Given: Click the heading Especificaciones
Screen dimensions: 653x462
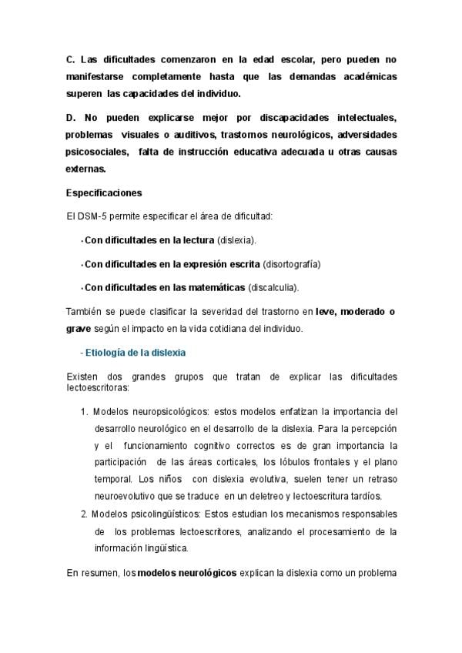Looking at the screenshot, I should pyautogui.click(x=104, y=193).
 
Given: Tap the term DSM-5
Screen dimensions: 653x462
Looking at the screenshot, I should pyautogui.click(x=90, y=217).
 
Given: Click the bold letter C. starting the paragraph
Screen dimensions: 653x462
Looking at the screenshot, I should pyautogui.click(x=71, y=59).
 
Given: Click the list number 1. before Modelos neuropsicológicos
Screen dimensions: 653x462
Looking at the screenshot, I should pyautogui.click(x=85, y=410).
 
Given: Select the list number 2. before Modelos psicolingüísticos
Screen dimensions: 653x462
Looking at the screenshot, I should pyautogui.click(x=85, y=514).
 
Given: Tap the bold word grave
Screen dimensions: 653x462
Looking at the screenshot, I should pyautogui.click(x=79, y=329).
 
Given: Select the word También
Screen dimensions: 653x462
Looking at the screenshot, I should pyautogui.click(x=87, y=311).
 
